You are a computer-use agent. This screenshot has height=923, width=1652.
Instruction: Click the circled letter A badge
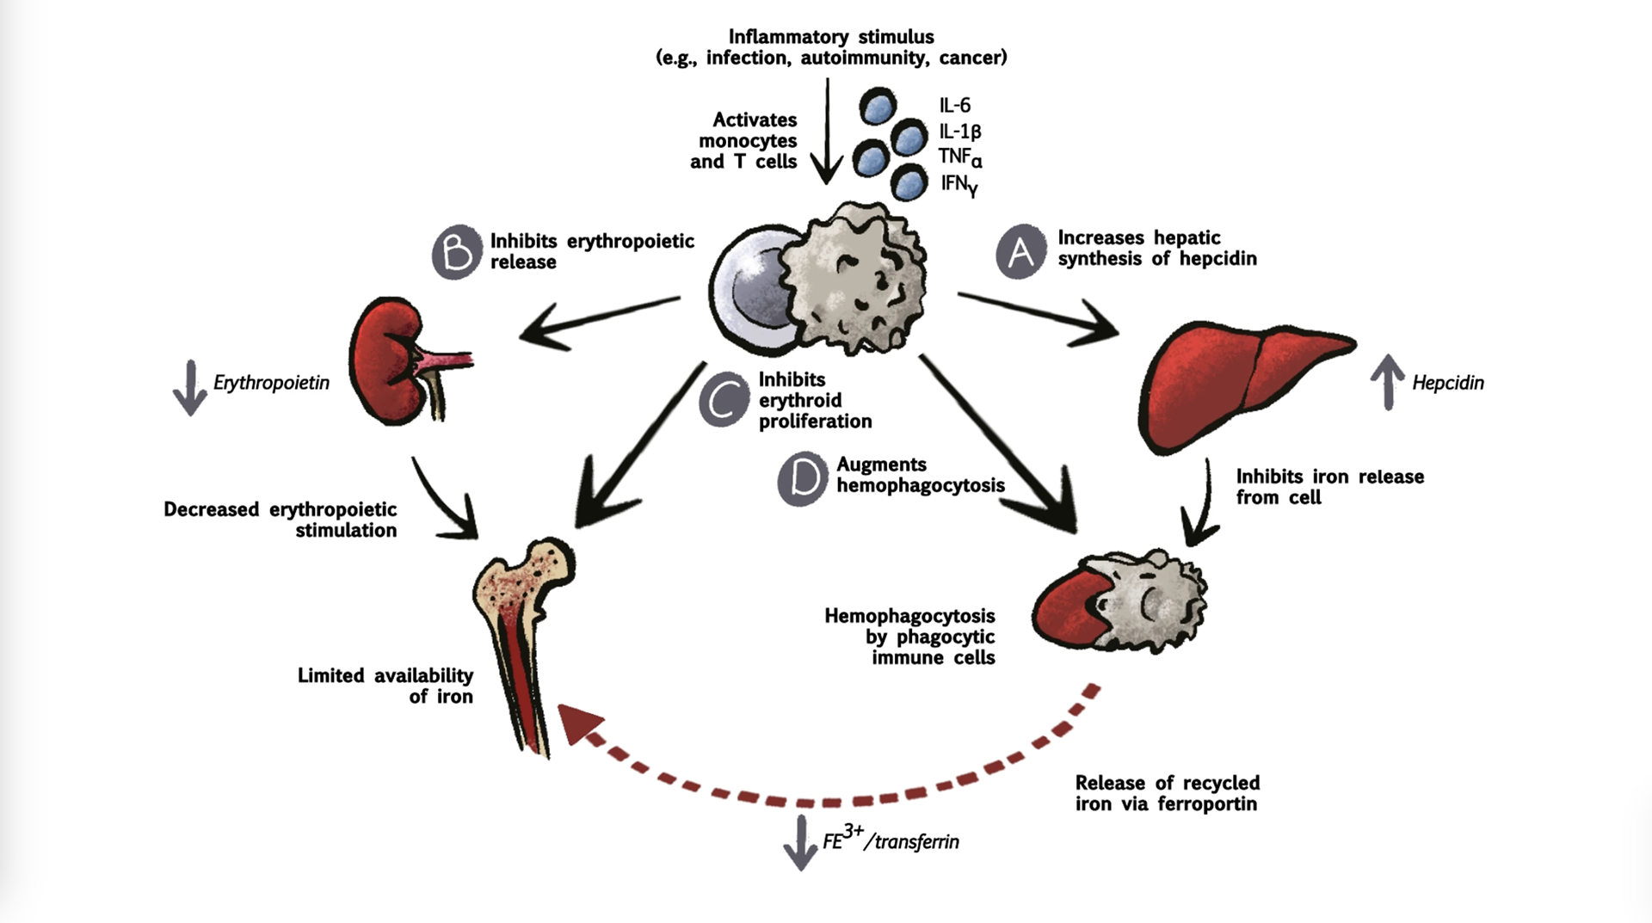[x=1020, y=251]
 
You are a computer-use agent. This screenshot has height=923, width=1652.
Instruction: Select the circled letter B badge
[x=457, y=252]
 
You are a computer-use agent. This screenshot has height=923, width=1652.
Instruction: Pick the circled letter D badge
[x=803, y=479]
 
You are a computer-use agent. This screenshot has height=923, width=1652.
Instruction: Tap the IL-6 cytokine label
[x=955, y=106]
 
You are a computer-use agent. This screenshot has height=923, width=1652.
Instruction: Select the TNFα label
[x=960, y=157]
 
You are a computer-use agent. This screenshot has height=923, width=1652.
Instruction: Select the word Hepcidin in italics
[x=1448, y=383]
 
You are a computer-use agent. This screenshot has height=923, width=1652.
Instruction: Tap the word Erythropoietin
[x=271, y=383]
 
